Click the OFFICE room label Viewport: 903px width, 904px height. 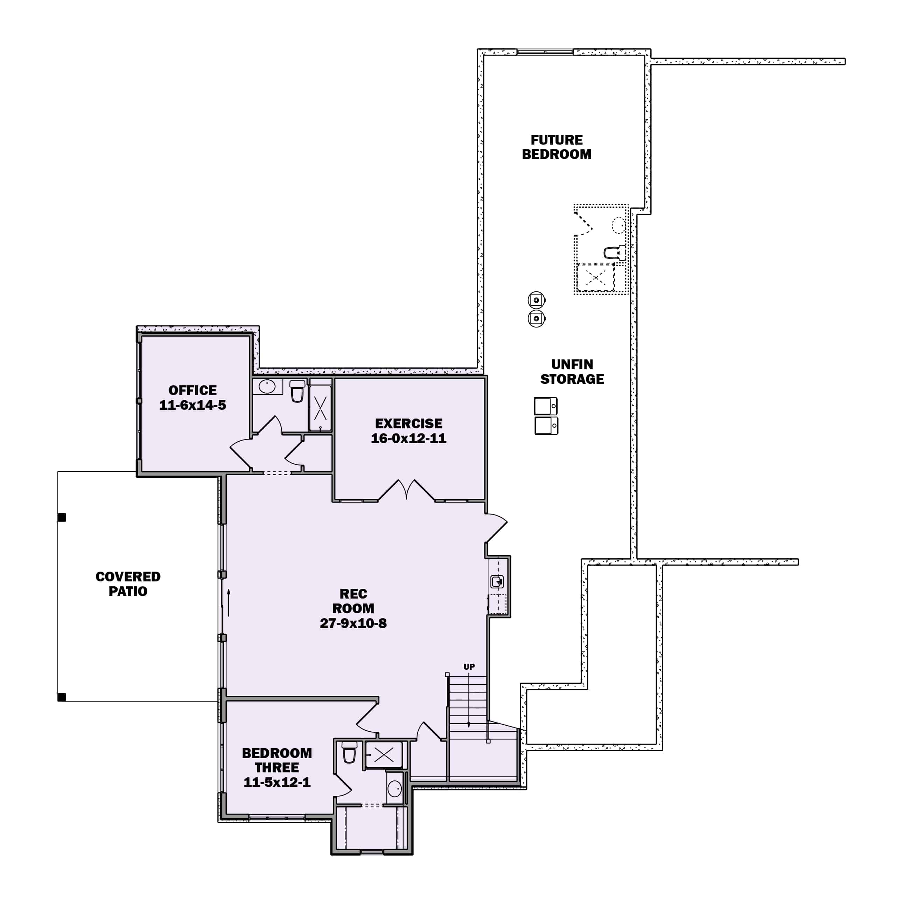(192, 390)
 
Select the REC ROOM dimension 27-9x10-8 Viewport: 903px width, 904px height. (353, 623)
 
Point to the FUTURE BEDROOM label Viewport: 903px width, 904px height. (556, 147)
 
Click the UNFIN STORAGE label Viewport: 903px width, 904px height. (572, 372)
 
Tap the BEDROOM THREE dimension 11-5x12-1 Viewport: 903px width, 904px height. (277, 782)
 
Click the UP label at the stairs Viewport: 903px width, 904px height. (469, 667)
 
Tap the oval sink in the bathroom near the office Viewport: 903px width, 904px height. (267, 386)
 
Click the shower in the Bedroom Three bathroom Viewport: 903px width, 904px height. (384, 754)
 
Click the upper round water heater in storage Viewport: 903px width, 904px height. (537, 299)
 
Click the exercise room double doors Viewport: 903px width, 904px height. (406, 490)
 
